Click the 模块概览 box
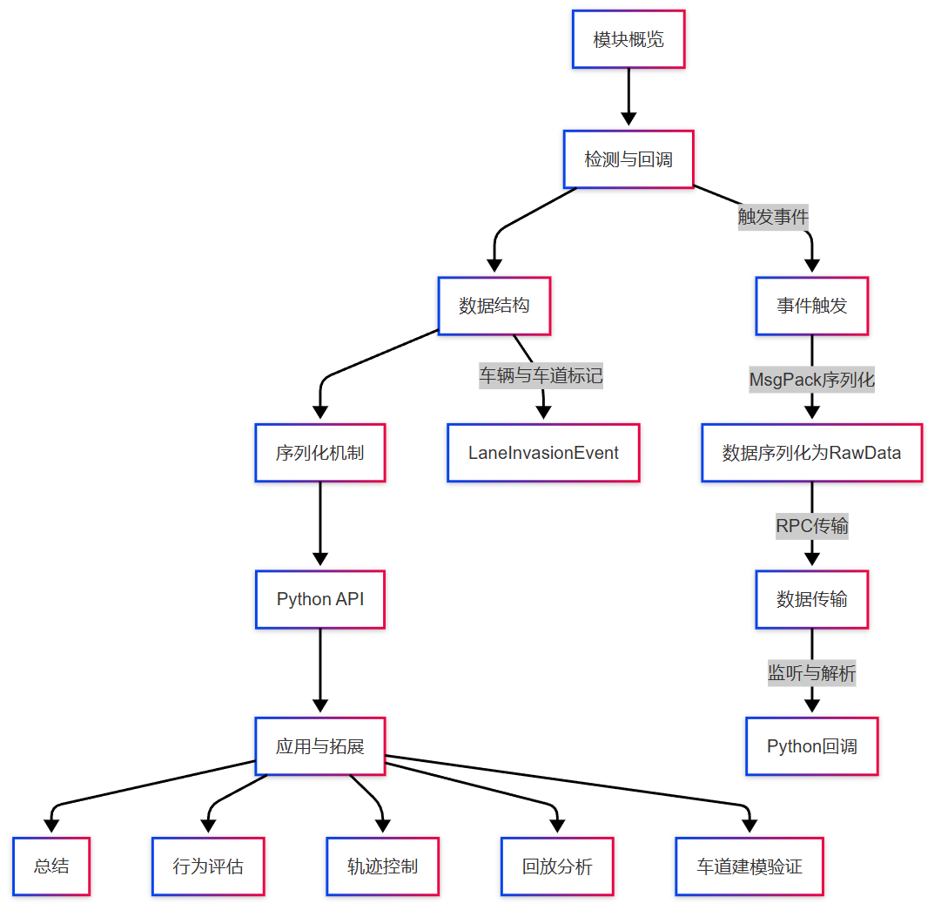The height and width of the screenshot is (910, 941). tap(628, 39)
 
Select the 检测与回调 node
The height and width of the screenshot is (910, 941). tap(628, 159)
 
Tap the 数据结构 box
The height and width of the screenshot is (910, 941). tap(494, 306)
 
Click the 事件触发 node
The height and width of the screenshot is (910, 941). tap(812, 306)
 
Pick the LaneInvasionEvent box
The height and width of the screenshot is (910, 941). tap(543, 453)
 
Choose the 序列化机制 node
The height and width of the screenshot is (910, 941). tap(320, 453)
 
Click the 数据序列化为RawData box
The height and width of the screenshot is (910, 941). tap(811, 453)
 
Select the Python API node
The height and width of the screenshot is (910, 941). tap(320, 599)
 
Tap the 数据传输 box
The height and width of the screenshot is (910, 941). tap(812, 599)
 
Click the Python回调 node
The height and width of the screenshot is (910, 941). tap(812, 746)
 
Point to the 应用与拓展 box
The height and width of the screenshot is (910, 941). tap(320, 746)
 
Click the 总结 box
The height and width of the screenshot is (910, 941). tap(51, 866)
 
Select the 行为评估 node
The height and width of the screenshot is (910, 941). tap(208, 866)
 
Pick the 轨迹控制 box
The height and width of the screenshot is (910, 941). tap(383, 866)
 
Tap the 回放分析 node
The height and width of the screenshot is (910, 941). tap(557, 866)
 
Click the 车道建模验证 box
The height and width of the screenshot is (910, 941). tap(749, 866)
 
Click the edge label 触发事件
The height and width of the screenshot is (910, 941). tap(773, 217)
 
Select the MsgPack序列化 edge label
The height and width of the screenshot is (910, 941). tap(812, 380)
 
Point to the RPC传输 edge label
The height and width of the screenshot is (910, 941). tap(812, 526)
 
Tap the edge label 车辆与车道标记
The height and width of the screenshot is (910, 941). tap(541, 376)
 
